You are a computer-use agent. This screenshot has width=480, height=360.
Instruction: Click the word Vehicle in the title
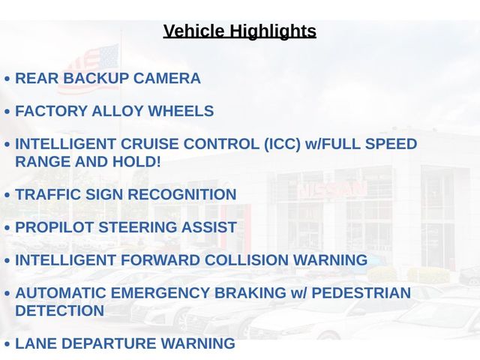click(x=193, y=31)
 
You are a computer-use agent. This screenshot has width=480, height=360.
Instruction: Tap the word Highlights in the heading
click(x=273, y=31)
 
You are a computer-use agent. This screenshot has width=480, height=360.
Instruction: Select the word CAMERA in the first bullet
click(x=166, y=78)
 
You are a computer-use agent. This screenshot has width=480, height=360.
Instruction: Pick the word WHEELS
click(x=181, y=111)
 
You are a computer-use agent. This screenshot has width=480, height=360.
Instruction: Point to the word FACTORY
click(x=51, y=111)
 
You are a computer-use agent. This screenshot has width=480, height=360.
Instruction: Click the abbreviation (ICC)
click(x=282, y=144)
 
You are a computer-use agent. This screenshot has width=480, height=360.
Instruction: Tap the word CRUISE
click(x=149, y=144)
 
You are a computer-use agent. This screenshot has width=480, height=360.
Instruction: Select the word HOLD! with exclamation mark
click(x=136, y=162)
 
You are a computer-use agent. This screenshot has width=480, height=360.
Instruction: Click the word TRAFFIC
click(x=48, y=194)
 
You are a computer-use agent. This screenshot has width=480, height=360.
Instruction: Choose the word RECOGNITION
click(x=181, y=194)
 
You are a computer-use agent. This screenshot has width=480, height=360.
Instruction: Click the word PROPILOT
click(x=54, y=227)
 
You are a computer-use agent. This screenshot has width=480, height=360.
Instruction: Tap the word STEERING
click(x=137, y=227)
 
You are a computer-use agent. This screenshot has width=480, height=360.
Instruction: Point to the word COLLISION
click(x=247, y=260)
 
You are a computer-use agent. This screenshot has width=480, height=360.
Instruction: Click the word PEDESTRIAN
click(x=361, y=292)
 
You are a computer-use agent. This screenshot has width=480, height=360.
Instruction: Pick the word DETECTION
click(x=60, y=310)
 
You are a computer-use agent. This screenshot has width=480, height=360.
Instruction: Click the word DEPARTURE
click(x=109, y=343)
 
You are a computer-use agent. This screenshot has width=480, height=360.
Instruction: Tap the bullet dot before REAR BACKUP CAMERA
click(x=7, y=79)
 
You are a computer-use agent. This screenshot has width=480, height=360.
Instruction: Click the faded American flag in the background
click(x=88, y=69)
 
